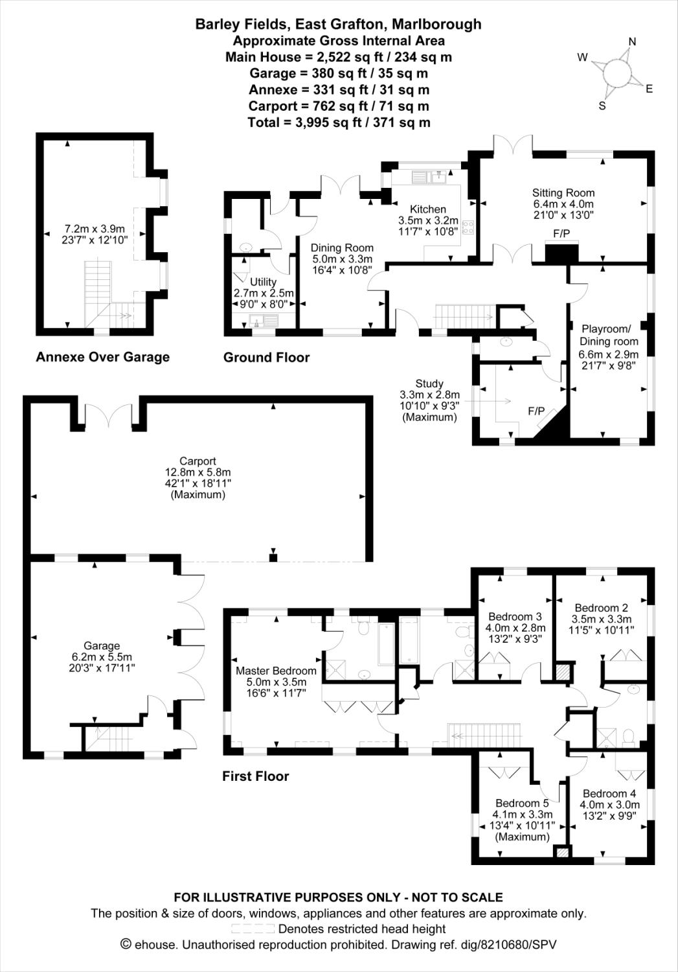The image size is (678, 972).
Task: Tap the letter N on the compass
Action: pyautogui.click(x=632, y=42)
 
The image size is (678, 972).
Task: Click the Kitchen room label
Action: pyautogui.click(x=428, y=209)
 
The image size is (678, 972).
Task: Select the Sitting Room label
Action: pyautogui.click(x=563, y=192)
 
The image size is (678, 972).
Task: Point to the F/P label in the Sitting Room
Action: pyautogui.click(x=561, y=233)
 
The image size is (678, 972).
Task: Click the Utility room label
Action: pyautogui.click(x=263, y=282)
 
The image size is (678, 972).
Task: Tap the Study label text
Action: pyautogui.click(x=429, y=384)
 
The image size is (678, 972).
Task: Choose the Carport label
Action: pyautogui.click(x=198, y=462)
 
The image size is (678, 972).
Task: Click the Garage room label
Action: pyautogui.click(x=102, y=645)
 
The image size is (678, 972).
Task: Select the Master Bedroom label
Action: pyautogui.click(x=276, y=671)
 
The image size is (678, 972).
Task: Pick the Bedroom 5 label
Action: pyautogui.click(x=522, y=804)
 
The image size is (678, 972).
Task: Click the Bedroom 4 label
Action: pyautogui.click(x=609, y=794)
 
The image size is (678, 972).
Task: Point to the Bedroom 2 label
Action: pyautogui.click(x=601, y=608)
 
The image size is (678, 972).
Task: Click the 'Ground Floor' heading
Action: pyautogui.click(x=266, y=357)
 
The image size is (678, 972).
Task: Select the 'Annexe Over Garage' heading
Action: pyautogui.click(x=102, y=357)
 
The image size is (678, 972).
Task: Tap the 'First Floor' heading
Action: pyautogui.click(x=255, y=776)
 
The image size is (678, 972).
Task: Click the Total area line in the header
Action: pyautogui.click(x=339, y=122)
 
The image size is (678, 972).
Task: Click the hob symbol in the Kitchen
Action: pyautogui.click(x=468, y=227)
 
